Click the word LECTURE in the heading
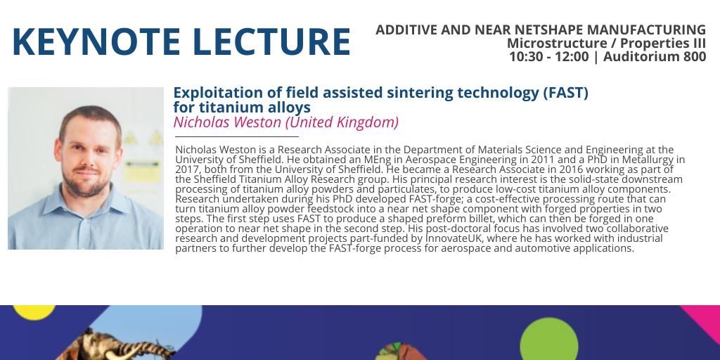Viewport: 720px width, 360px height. coord(271,42)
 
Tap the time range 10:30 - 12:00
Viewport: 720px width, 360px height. coord(549,57)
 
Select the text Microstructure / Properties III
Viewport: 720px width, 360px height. coord(606,44)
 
